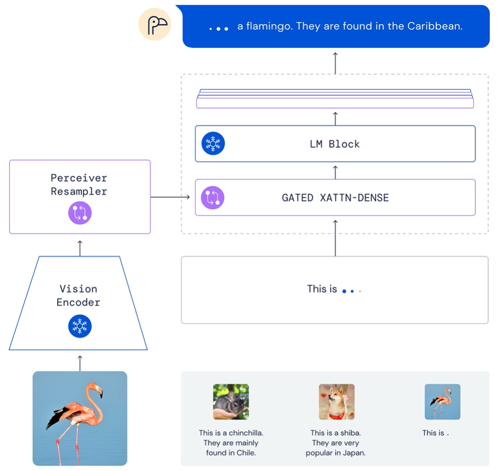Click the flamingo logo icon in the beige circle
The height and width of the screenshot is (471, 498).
(x=155, y=25)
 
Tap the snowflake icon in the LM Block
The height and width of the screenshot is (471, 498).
(x=213, y=144)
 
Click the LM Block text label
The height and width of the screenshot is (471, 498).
(x=335, y=144)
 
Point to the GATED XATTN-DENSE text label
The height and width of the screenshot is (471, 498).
(x=335, y=197)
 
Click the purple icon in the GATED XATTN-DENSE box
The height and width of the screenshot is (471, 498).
(x=213, y=197)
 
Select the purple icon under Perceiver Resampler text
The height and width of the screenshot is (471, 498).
(x=80, y=213)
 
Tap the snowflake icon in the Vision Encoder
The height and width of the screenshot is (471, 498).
(x=80, y=326)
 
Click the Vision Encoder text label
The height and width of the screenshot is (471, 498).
(x=78, y=295)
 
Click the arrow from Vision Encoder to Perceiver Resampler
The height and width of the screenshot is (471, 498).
(x=80, y=247)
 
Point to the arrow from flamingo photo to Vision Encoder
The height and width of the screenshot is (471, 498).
(x=80, y=362)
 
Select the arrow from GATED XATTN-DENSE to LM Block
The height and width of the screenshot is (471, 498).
(x=335, y=172)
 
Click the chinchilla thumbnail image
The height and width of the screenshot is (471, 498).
(x=231, y=401)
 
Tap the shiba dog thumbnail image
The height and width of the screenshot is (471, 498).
(x=337, y=401)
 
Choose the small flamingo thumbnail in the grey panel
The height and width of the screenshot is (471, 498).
(x=442, y=401)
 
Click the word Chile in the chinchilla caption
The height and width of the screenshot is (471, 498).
(x=245, y=453)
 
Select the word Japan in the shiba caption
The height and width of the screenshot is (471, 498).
(x=354, y=453)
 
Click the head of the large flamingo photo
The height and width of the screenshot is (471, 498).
(x=98, y=393)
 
